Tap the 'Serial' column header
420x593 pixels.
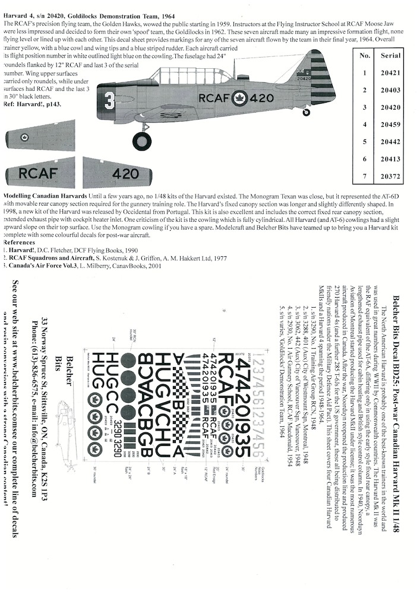point(390,55)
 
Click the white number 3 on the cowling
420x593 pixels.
point(109,98)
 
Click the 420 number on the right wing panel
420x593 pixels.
point(125,173)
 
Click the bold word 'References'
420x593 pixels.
point(19,243)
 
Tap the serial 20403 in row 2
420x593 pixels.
point(390,90)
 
